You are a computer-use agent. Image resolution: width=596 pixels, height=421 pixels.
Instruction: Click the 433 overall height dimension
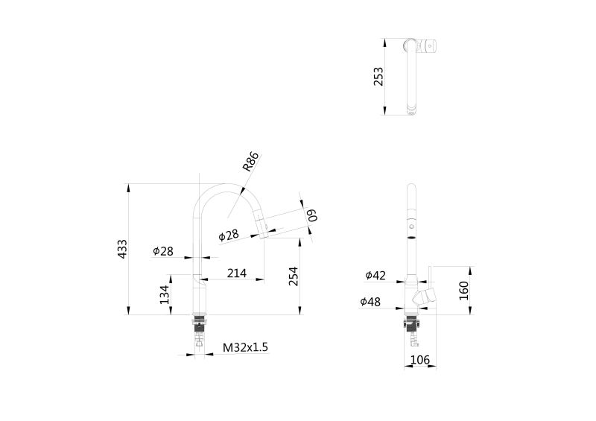point(122,249)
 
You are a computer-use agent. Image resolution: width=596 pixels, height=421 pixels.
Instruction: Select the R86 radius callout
point(250,162)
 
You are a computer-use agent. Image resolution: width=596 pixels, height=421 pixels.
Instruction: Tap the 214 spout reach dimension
point(236,273)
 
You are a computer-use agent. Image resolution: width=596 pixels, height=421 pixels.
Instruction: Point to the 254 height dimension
point(294,276)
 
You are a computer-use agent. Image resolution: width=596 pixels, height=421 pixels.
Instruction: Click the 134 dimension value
point(164,294)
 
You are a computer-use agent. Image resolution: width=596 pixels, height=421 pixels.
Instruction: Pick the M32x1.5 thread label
point(246,347)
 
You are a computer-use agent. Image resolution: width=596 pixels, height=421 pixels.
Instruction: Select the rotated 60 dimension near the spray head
point(312,215)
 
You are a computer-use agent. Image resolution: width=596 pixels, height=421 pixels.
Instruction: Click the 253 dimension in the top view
point(378,77)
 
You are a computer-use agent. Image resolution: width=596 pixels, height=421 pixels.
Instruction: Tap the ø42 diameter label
point(375,276)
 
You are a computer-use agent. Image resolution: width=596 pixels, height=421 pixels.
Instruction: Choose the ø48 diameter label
point(370,302)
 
